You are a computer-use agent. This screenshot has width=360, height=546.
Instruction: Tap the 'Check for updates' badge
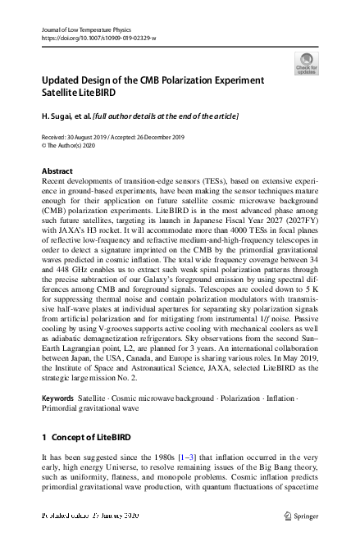click(306, 64)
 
